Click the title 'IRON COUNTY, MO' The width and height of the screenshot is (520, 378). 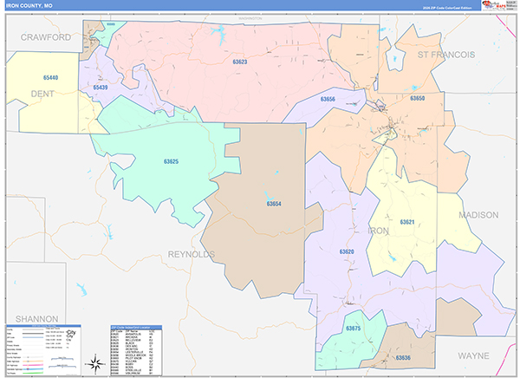pos(29,5)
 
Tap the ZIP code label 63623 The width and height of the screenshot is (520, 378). pos(240,62)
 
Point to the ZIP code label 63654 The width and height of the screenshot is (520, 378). pos(274,204)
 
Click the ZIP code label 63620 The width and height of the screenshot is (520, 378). pos(347,251)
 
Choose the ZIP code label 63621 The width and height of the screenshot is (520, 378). pos(407,222)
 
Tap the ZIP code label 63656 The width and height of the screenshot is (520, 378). pos(328,100)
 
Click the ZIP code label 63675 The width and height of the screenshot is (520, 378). pos(353,329)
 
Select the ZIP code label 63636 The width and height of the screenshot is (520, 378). pos(404,357)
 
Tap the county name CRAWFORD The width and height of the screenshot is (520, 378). pos(46,38)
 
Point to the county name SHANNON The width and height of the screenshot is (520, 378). pos(29,319)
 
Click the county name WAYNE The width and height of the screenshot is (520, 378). pos(474,355)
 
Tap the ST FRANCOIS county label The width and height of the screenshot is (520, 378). pos(446,55)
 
